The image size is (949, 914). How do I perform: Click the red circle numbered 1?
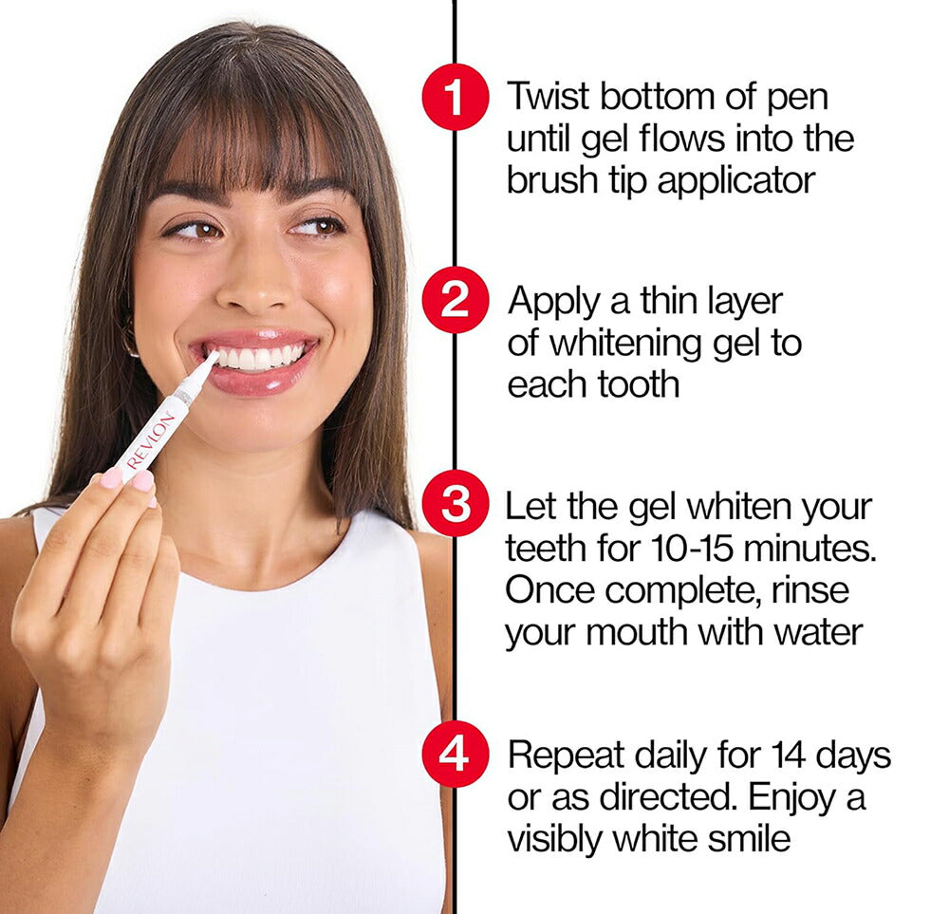point(456,97)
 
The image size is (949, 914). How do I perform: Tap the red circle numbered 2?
point(456,300)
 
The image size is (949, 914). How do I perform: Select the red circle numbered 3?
point(456,504)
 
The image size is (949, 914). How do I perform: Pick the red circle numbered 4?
point(456,755)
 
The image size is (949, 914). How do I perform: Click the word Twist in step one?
point(548,96)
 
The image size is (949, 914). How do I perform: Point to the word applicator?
point(736,181)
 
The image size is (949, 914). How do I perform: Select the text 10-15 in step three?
point(693,549)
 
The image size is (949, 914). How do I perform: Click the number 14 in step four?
point(788,755)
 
